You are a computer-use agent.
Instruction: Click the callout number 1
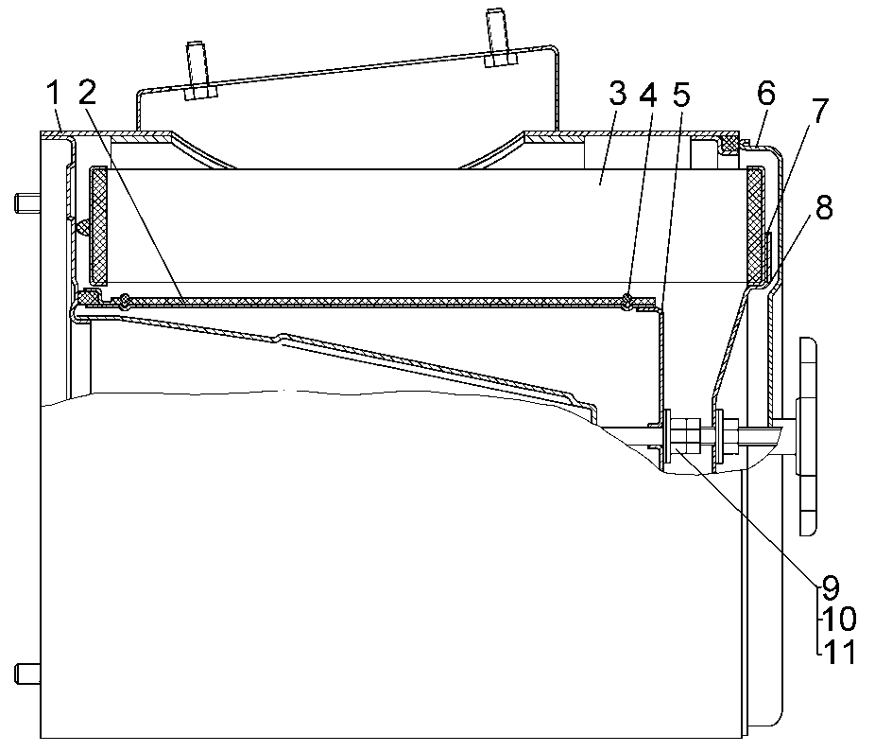click(54, 94)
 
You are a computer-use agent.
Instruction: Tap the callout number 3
click(617, 94)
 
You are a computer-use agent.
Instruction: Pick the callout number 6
click(766, 93)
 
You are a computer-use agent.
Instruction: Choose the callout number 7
click(818, 111)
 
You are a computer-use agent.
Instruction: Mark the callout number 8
click(824, 207)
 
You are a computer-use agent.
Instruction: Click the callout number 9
click(831, 586)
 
